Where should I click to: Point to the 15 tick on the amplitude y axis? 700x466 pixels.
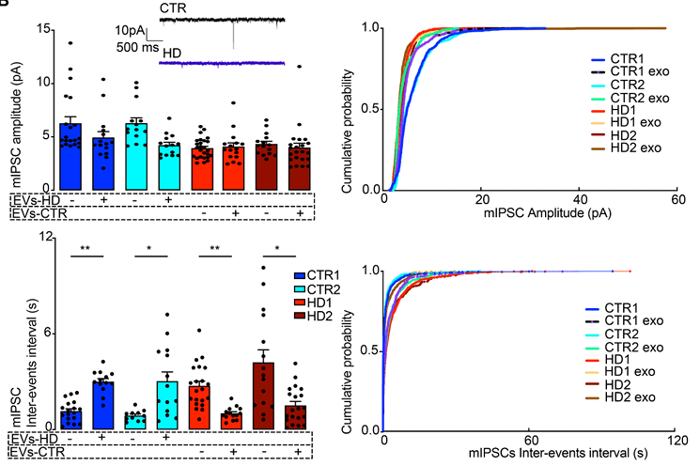(41, 28)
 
